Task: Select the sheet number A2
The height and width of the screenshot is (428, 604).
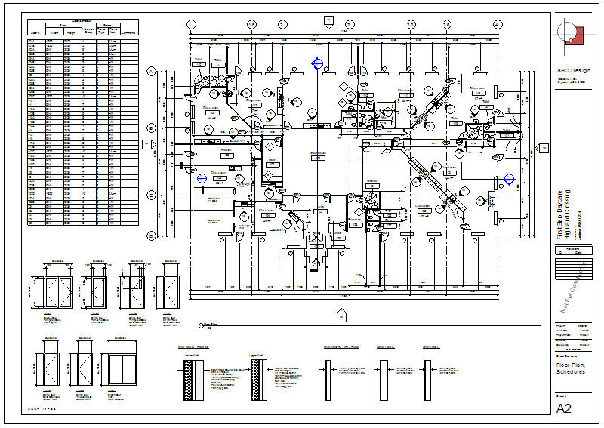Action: click(564, 408)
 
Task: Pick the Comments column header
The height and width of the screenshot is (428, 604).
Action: click(128, 33)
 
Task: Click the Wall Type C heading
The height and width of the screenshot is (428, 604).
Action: click(386, 347)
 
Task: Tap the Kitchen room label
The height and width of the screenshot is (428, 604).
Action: click(226, 150)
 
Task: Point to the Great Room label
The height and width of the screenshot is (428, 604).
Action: click(317, 152)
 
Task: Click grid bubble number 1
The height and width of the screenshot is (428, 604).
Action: click(191, 24)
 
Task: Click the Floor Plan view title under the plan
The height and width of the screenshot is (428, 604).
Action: click(208, 325)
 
